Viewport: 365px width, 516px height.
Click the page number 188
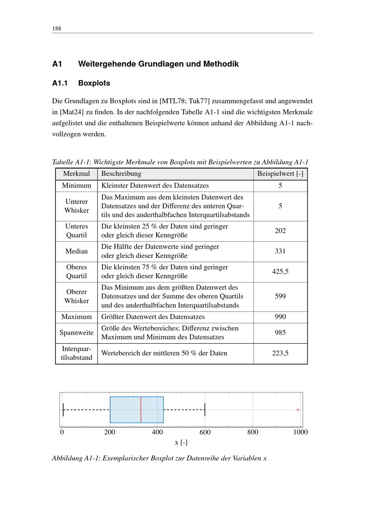(57, 28)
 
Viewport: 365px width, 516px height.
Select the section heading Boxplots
(94, 83)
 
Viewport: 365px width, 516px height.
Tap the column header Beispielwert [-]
(280, 174)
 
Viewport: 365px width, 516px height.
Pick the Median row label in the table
(76, 251)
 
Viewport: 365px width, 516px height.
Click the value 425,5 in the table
(280, 272)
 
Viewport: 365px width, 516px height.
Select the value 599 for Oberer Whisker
(280, 296)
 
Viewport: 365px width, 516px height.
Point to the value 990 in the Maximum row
(280, 317)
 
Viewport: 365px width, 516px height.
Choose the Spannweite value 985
(280, 333)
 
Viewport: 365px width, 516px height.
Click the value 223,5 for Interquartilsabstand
(280, 353)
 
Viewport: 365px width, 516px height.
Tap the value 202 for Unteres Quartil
(280, 231)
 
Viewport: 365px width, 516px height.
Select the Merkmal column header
(76, 174)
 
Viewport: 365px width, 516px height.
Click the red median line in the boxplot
(141, 409)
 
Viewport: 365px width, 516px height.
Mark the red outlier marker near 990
(298, 410)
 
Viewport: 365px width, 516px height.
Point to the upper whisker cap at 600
(205, 409)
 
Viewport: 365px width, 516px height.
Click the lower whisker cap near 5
(63, 409)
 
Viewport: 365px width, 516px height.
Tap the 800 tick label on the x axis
(253, 432)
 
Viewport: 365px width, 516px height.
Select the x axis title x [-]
(181, 443)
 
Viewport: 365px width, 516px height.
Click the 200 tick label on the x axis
(109, 432)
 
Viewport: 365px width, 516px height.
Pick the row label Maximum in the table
(76, 317)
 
